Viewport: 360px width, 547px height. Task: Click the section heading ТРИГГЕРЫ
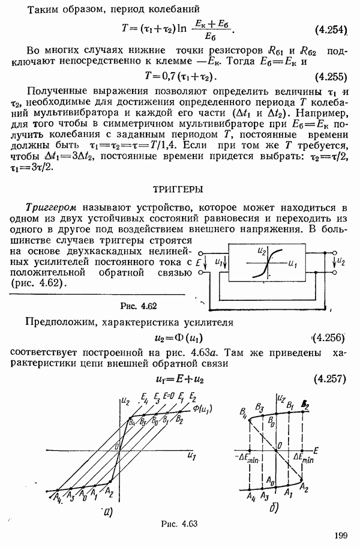click(x=179, y=189)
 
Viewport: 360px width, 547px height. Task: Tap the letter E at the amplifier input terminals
click(x=199, y=262)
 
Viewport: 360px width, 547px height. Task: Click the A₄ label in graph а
click(x=56, y=496)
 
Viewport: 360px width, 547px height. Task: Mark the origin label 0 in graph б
click(x=279, y=445)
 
